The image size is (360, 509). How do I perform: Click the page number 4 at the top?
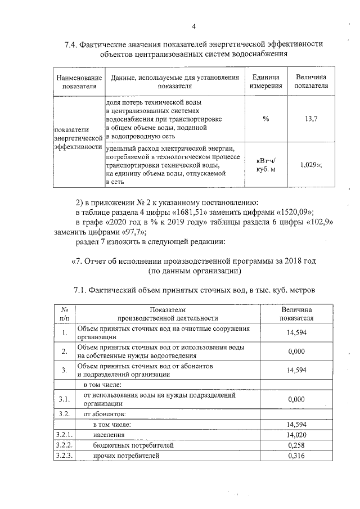pos(193,26)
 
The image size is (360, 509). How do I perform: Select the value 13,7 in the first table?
pos(311,119)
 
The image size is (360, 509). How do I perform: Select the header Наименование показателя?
pos(78,82)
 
